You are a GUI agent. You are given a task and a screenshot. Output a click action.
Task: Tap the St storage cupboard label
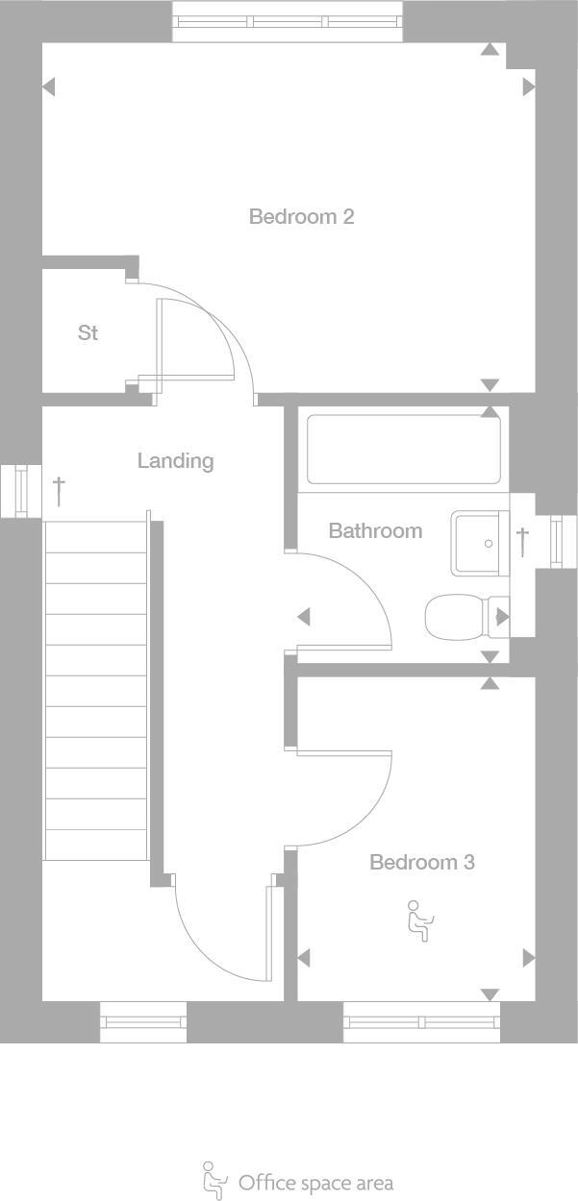88,333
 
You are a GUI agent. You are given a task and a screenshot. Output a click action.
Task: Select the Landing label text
175,461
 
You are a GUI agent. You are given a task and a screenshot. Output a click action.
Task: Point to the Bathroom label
375,530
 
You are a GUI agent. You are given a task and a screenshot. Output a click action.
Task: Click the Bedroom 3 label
422,863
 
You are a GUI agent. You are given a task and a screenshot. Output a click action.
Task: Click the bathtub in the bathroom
404,449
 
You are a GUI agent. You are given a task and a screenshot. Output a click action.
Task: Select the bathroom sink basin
480,543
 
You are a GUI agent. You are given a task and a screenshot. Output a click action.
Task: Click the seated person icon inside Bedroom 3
419,920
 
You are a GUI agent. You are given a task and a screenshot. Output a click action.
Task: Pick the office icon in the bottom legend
214,1180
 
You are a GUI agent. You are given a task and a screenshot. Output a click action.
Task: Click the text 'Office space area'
315,1183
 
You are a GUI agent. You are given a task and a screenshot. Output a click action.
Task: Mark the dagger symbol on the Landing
60,490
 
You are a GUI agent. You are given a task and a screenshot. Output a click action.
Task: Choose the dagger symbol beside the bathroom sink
522,541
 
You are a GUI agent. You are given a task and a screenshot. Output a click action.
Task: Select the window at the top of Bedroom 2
288,22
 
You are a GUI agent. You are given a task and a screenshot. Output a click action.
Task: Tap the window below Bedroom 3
422,1022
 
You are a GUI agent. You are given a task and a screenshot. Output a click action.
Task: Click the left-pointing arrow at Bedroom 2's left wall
49,87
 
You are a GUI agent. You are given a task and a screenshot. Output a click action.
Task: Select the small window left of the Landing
19,490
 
